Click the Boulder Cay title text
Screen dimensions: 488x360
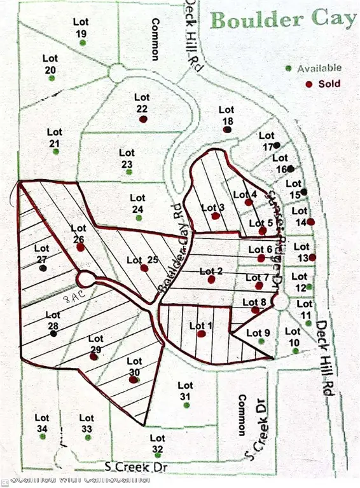pyautogui.click(x=282, y=19)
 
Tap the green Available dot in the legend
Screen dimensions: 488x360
pyautogui.click(x=289, y=68)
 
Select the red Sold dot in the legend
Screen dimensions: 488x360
pyautogui.click(x=308, y=84)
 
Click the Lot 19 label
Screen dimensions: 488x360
pyautogui.click(x=81, y=27)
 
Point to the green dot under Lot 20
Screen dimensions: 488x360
pyautogui.click(x=52, y=78)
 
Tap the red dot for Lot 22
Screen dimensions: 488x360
pyautogui.click(x=144, y=118)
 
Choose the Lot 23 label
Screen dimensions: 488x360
pyautogui.click(x=127, y=157)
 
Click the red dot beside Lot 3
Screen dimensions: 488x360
pyautogui.click(x=216, y=216)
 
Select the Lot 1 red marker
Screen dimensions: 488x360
pyautogui.click(x=201, y=334)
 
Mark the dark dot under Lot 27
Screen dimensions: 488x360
pyautogui.click(x=43, y=268)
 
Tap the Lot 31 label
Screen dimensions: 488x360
pyautogui.click(x=185, y=390)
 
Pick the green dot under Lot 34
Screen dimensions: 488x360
pyautogui.click(x=42, y=438)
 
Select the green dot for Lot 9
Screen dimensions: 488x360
pyautogui.click(x=261, y=342)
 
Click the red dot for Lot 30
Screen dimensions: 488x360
pyautogui.click(x=133, y=380)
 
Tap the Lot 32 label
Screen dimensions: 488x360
pyautogui.click(x=158, y=443)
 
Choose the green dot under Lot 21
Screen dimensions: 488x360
pyautogui.click(x=55, y=152)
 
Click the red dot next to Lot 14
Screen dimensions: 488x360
pyautogui.click(x=311, y=221)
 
